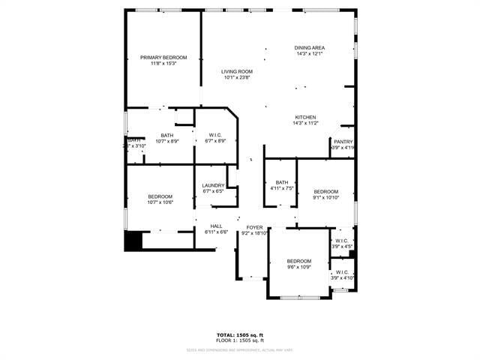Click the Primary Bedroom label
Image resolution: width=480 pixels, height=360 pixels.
pyautogui.click(x=163, y=58)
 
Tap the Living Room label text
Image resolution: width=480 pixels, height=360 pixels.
pyautogui.click(x=237, y=71)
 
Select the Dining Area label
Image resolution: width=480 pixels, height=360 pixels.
pyautogui.click(x=310, y=48)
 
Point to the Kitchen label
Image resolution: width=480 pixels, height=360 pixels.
pyautogui.click(x=305, y=117)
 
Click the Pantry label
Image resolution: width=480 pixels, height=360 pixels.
pyautogui.click(x=343, y=142)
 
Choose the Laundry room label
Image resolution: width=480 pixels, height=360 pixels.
pyautogui.click(x=214, y=185)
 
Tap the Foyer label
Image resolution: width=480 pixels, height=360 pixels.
pyautogui.click(x=255, y=227)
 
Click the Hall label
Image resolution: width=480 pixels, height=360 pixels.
pyautogui.click(x=216, y=226)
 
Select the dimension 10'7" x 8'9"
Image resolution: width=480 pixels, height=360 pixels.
pyautogui.click(x=166, y=141)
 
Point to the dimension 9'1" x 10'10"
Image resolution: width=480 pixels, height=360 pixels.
pyautogui.click(x=326, y=197)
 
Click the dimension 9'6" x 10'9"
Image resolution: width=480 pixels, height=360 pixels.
pyautogui.click(x=299, y=267)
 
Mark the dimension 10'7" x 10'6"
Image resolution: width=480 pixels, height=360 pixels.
pyautogui.click(x=160, y=202)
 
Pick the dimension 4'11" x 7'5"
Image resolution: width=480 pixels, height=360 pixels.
pyautogui.click(x=282, y=188)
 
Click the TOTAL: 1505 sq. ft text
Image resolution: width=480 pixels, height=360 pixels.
pyautogui.click(x=240, y=334)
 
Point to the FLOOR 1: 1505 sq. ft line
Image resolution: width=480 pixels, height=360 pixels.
pyautogui.click(x=240, y=340)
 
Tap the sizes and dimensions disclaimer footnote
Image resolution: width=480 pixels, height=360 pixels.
pyautogui.click(x=240, y=349)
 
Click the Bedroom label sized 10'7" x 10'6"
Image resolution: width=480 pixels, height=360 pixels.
pyautogui.click(x=160, y=196)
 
